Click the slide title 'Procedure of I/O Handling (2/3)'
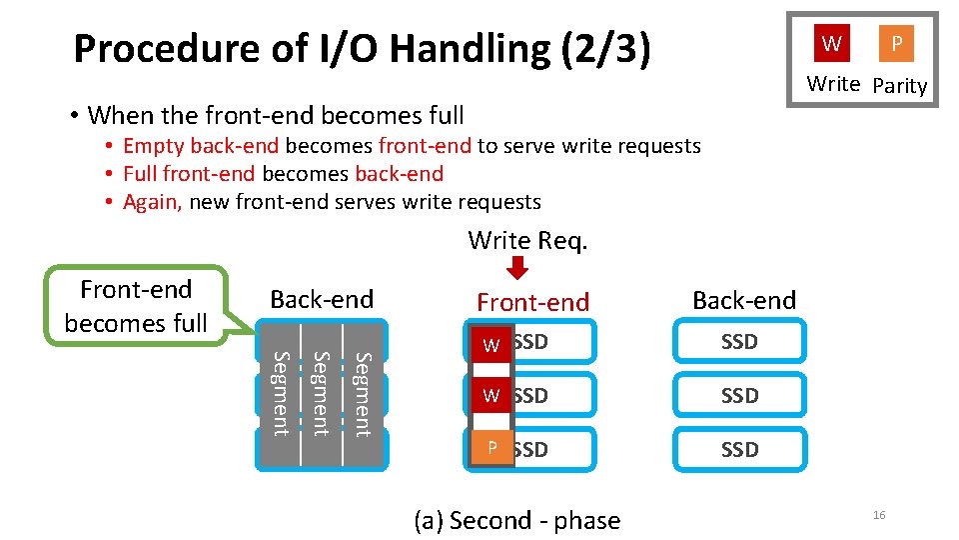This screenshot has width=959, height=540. click(362, 48)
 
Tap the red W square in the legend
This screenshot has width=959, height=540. click(831, 43)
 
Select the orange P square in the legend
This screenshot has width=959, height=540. click(896, 43)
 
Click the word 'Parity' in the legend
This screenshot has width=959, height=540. click(899, 86)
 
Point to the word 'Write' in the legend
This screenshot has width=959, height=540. click(833, 84)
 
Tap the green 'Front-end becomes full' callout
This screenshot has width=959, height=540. click(136, 306)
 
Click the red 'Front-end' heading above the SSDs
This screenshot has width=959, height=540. click(532, 302)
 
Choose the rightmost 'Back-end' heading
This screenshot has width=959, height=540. click(744, 300)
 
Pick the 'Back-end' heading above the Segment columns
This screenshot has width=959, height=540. click(322, 299)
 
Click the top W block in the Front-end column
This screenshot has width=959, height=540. click(490, 345)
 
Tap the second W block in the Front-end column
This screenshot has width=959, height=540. click(490, 396)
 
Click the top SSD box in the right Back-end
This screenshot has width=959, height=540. click(739, 342)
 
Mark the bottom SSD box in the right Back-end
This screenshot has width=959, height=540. click(739, 450)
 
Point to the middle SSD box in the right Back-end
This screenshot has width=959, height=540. click(739, 396)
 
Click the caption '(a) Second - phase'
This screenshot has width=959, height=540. click(516, 520)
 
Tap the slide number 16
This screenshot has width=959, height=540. click(879, 515)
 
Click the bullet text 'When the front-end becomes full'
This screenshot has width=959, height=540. click(276, 115)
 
